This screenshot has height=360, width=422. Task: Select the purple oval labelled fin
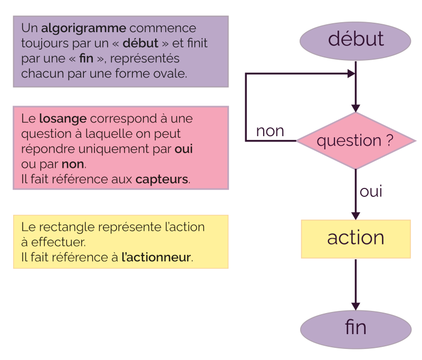click(356, 328)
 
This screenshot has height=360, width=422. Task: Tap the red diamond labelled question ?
click(356, 141)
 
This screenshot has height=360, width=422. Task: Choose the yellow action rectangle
click(356, 239)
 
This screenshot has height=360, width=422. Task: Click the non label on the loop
click(270, 131)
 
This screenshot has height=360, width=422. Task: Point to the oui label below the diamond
click(371, 192)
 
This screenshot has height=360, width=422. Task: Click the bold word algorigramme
click(83, 28)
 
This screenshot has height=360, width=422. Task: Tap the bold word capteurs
click(161, 179)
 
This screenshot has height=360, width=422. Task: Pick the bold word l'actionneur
click(156, 258)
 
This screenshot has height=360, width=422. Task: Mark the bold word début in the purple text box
click(140, 43)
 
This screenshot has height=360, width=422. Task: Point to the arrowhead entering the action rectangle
click(356, 215)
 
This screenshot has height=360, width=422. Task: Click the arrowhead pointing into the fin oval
click(356, 306)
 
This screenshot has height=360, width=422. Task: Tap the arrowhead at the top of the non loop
click(350, 74)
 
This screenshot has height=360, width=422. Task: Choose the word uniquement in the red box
click(112, 149)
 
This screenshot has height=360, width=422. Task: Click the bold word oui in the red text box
click(184, 149)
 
